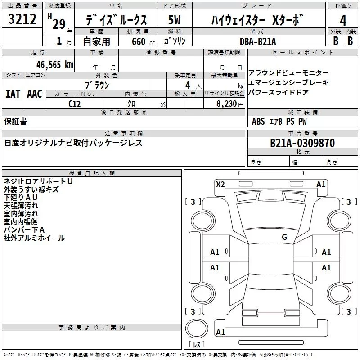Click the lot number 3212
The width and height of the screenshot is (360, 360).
point(22,19)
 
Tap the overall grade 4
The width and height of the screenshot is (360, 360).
point(343,21)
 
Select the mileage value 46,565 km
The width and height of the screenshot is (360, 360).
point(54,65)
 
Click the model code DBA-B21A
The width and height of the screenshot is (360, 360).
point(258,41)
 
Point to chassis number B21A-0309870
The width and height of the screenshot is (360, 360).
point(302,143)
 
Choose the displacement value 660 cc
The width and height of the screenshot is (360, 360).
point(143,42)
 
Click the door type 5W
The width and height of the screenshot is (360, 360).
point(174,20)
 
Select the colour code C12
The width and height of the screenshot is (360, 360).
point(75,104)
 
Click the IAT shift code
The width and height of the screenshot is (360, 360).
point(13,94)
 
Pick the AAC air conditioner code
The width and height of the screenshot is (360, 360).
point(35,94)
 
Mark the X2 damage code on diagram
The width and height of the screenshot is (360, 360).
point(220,184)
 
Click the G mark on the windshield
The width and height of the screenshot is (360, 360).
point(284,237)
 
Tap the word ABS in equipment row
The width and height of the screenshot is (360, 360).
point(258,121)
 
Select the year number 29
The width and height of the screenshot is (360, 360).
point(59,24)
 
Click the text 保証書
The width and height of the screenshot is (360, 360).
point(15,121)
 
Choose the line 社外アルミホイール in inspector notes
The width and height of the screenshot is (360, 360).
point(34,238)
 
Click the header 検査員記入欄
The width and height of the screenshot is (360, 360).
point(92,173)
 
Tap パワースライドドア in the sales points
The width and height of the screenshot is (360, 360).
point(278,92)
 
